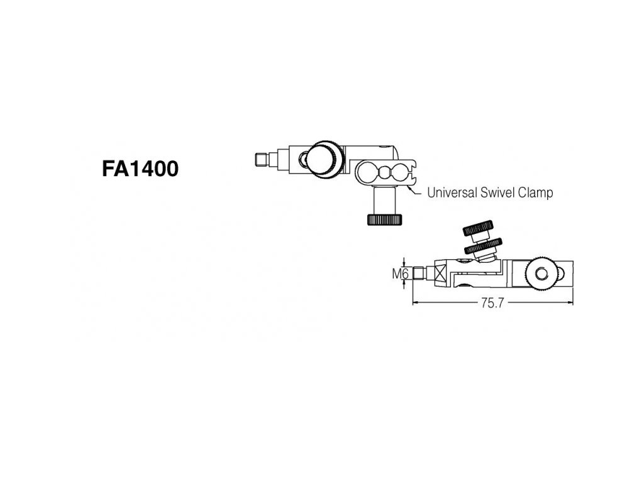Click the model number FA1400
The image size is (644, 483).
click(x=140, y=169)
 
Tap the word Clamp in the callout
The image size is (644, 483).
click(x=536, y=192)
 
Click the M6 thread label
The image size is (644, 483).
click(x=401, y=274)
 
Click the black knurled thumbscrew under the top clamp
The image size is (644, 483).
click(x=384, y=219)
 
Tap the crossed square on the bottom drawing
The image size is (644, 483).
click(x=438, y=274)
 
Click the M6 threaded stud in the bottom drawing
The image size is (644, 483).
click(x=418, y=274)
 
